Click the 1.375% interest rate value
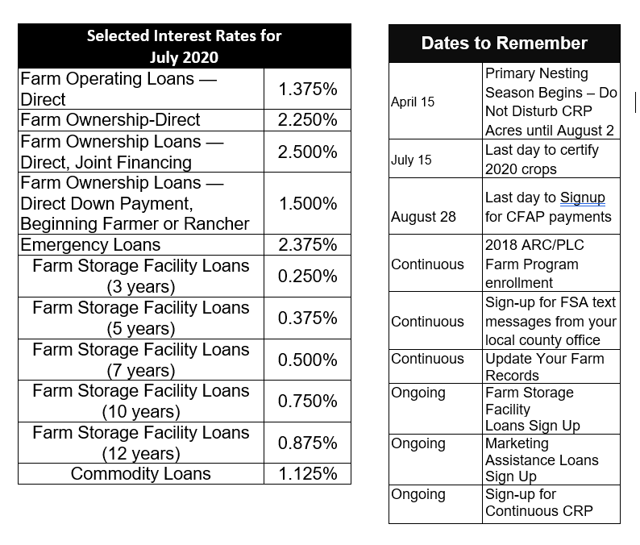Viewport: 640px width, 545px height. pyautogui.click(x=307, y=89)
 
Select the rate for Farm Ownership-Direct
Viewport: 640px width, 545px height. pyautogui.click(x=307, y=120)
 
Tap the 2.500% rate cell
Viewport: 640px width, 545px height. pyautogui.click(x=307, y=152)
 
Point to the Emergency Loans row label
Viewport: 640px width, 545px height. pyautogui.click(x=90, y=245)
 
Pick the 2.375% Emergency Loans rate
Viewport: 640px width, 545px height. pyautogui.click(x=307, y=245)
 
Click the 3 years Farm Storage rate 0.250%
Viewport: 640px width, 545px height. pyautogui.click(x=307, y=277)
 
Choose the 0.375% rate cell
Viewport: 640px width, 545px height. pyautogui.click(x=307, y=318)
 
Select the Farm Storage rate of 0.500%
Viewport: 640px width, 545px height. pyautogui.click(x=307, y=360)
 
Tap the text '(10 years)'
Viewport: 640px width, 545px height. pyautogui.click(x=141, y=412)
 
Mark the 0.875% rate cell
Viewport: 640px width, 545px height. pyautogui.click(x=307, y=443)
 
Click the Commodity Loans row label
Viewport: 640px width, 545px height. pyautogui.click(x=141, y=474)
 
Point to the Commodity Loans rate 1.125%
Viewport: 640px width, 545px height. pyautogui.click(x=307, y=474)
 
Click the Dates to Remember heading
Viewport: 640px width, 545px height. pyautogui.click(x=504, y=44)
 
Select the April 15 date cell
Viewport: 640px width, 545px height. pyautogui.click(x=413, y=102)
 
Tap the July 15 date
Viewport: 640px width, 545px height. pyautogui.click(x=411, y=160)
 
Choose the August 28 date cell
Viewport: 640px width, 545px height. pyautogui.click(x=423, y=217)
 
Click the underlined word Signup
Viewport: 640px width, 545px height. pyautogui.click(x=582, y=198)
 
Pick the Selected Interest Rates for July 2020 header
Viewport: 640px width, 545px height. pyautogui.click(x=184, y=47)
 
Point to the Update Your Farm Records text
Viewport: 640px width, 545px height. pyautogui.click(x=544, y=367)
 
